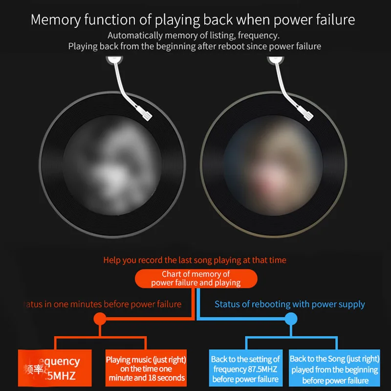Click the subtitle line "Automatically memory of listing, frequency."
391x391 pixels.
(x=195, y=35)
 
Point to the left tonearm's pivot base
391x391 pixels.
(x=113, y=61)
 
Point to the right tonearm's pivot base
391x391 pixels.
(x=276, y=61)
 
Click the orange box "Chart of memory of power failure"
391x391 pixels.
(x=195, y=278)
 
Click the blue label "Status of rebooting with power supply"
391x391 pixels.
(x=290, y=304)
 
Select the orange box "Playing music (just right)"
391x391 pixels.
(x=146, y=369)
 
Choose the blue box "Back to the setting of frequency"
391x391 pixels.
(x=246, y=369)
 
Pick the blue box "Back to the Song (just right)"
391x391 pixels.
(x=334, y=369)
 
